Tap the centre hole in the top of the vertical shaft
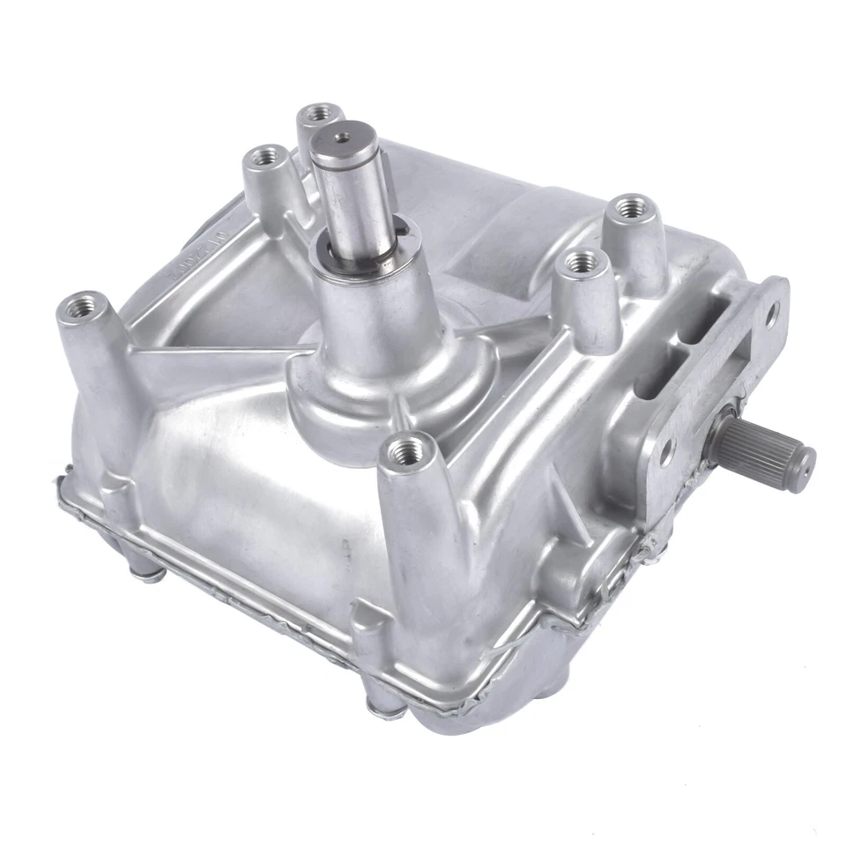(x=343, y=137)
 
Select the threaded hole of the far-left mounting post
(x=77, y=310)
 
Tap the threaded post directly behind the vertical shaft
(x=320, y=115)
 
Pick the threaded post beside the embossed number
(x=262, y=159)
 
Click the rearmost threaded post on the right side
(x=629, y=209)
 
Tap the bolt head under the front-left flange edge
(x=148, y=573)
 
